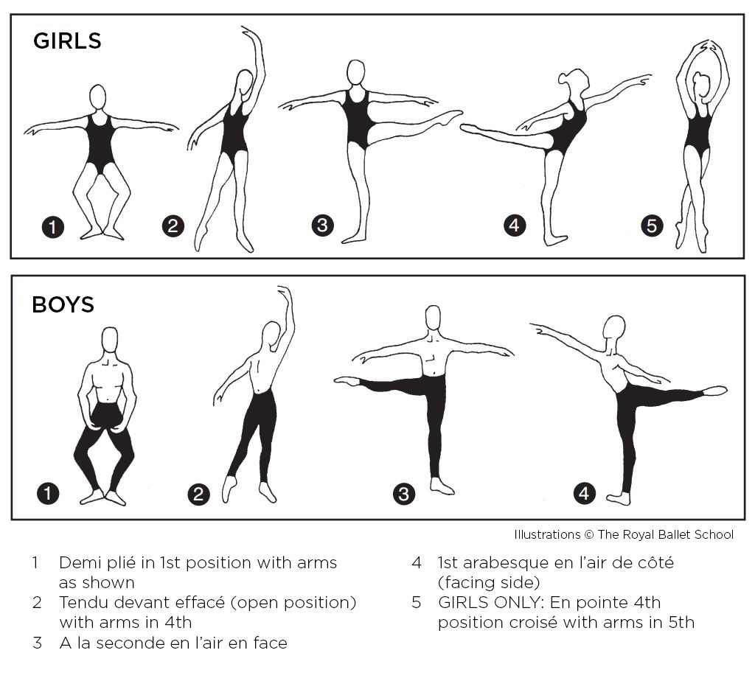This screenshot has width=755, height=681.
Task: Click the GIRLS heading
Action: coord(67,41)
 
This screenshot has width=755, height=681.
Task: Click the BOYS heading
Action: coord(63,304)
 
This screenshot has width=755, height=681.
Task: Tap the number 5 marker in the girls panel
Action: coord(652,226)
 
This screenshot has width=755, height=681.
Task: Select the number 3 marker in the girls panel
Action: coord(323,226)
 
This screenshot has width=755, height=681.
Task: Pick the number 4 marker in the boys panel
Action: coord(584,493)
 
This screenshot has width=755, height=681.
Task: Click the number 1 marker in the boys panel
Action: coord(48,493)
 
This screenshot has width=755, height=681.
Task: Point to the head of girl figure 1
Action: coord(98,97)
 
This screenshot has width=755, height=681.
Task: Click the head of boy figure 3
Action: coord(434,318)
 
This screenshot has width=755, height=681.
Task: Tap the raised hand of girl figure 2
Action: coord(248,32)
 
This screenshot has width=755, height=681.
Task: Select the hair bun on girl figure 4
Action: coord(563,80)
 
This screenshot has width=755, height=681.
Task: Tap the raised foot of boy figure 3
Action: coord(347,381)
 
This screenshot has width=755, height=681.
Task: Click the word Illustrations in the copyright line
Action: coord(547,534)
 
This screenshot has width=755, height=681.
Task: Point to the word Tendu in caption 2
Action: coord(82,603)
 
